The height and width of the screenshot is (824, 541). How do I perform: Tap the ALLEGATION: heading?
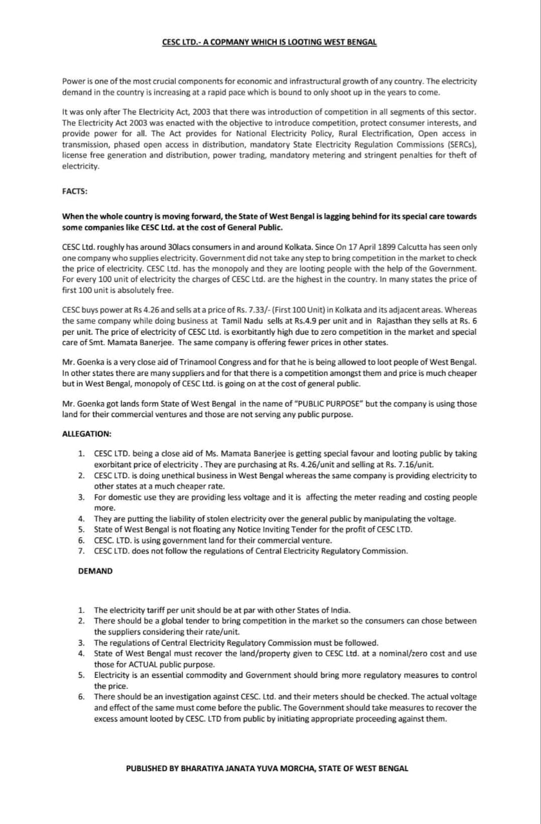pyautogui.click(x=86, y=434)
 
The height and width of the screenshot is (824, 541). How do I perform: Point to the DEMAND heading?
pyautogui.click(x=95, y=571)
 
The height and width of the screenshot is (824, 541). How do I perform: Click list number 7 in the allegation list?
pyautogui.click(x=81, y=551)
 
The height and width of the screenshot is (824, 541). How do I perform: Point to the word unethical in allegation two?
pyautogui.click(x=175, y=475)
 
